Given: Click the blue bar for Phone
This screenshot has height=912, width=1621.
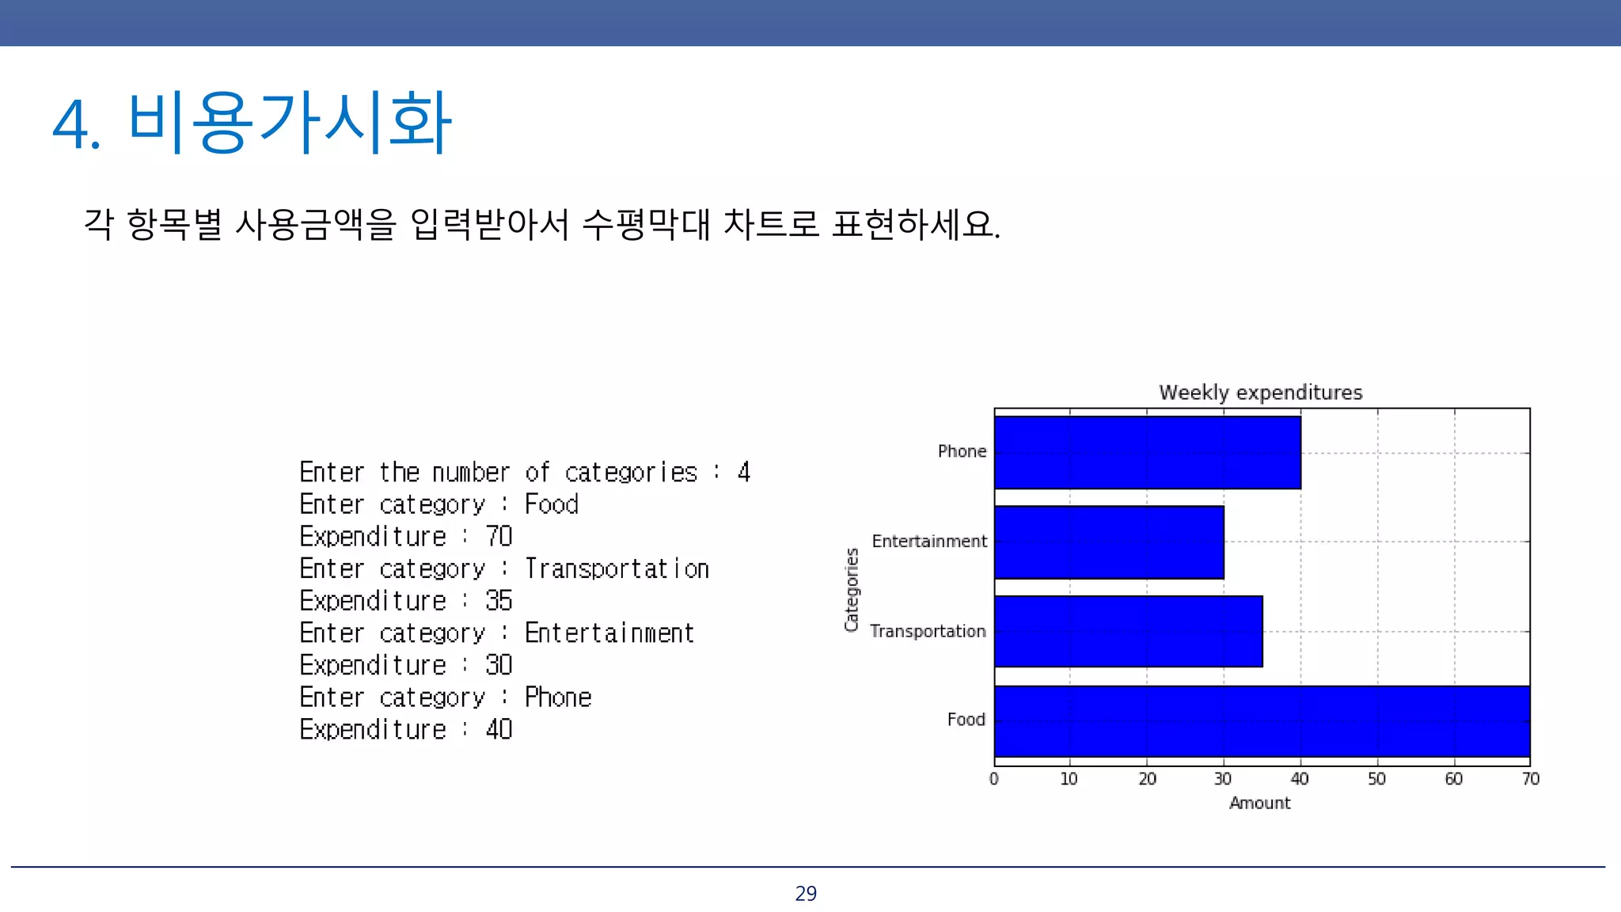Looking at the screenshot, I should click(x=1147, y=453).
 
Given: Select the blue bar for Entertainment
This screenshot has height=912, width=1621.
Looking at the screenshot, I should click(x=1109, y=542).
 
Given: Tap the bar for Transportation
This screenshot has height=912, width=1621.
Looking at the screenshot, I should click(x=1128, y=632).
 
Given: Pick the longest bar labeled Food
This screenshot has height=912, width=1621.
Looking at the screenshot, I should click(x=1262, y=721).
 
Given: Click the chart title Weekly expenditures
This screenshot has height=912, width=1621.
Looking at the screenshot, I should click(x=1260, y=393).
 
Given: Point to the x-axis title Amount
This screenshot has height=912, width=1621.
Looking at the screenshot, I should click(x=1259, y=803).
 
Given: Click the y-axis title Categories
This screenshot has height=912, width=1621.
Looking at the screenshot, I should click(x=852, y=590).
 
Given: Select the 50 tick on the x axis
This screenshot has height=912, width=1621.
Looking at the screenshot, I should click(x=1376, y=779).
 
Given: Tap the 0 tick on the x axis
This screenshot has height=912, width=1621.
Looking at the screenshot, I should click(x=994, y=779).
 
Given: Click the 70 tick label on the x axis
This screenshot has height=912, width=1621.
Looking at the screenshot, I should click(x=1530, y=779).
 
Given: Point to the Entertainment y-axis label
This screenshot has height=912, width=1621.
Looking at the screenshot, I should click(x=929, y=541).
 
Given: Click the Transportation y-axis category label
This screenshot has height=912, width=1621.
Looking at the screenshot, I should click(x=928, y=631).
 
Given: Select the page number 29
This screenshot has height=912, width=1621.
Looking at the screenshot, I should click(x=806, y=894).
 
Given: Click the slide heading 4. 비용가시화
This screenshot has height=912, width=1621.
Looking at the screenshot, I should click(x=252, y=123).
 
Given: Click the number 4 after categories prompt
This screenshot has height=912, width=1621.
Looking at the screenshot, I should click(x=743, y=473).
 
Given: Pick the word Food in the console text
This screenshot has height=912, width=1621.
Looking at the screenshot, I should click(x=552, y=504).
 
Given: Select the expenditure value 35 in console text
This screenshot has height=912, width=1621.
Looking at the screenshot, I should click(x=499, y=601).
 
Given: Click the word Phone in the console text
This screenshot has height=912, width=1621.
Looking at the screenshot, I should click(x=558, y=697).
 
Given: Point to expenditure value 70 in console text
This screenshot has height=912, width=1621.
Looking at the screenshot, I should click(x=499, y=537).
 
